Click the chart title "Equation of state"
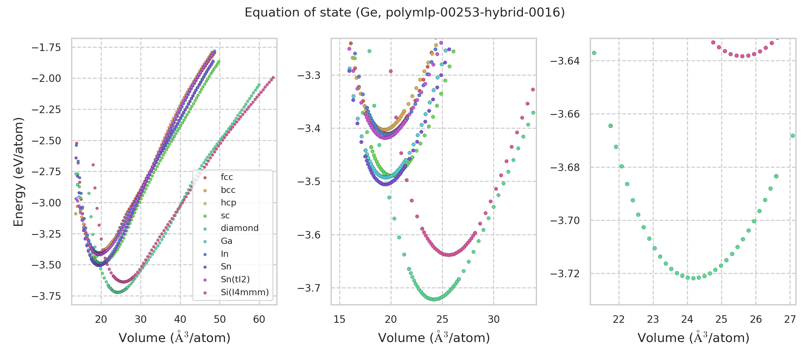(x=404, y=13)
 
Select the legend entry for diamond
(x=239, y=228)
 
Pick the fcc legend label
(x=227, y=177)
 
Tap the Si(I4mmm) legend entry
(x=244, y=292)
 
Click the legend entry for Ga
(x=226, y=241)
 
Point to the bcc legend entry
(x=228, y=190)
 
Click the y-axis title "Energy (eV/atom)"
(x=18, y=172)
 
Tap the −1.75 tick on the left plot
(x=46, y=47)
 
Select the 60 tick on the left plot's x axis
(x=259, y=319)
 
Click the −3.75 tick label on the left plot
(x=46, y=296)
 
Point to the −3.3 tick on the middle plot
(x=309, y=76)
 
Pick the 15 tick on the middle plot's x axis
(x=340, y=319)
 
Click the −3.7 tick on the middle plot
(x=309, y=288)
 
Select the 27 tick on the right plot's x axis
(x=790, y=319)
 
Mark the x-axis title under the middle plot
(x=433, y=338)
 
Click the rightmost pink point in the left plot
(x=273, y=78)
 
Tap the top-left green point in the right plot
(x=594, y=53)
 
